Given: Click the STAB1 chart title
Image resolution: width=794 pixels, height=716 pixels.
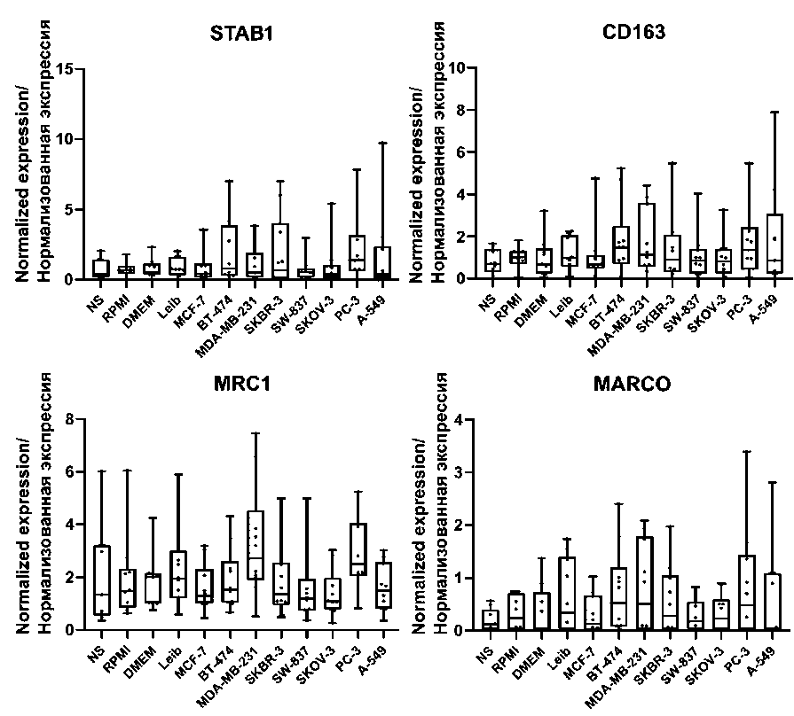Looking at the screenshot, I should click(240, 35).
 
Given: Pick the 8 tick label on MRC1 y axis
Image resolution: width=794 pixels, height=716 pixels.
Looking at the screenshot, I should click(67, 419).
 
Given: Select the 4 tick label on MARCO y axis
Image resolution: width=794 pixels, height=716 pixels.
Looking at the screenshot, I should click(459, 419).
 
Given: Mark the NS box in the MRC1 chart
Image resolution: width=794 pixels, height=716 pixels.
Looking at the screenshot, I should click(101, 580).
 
